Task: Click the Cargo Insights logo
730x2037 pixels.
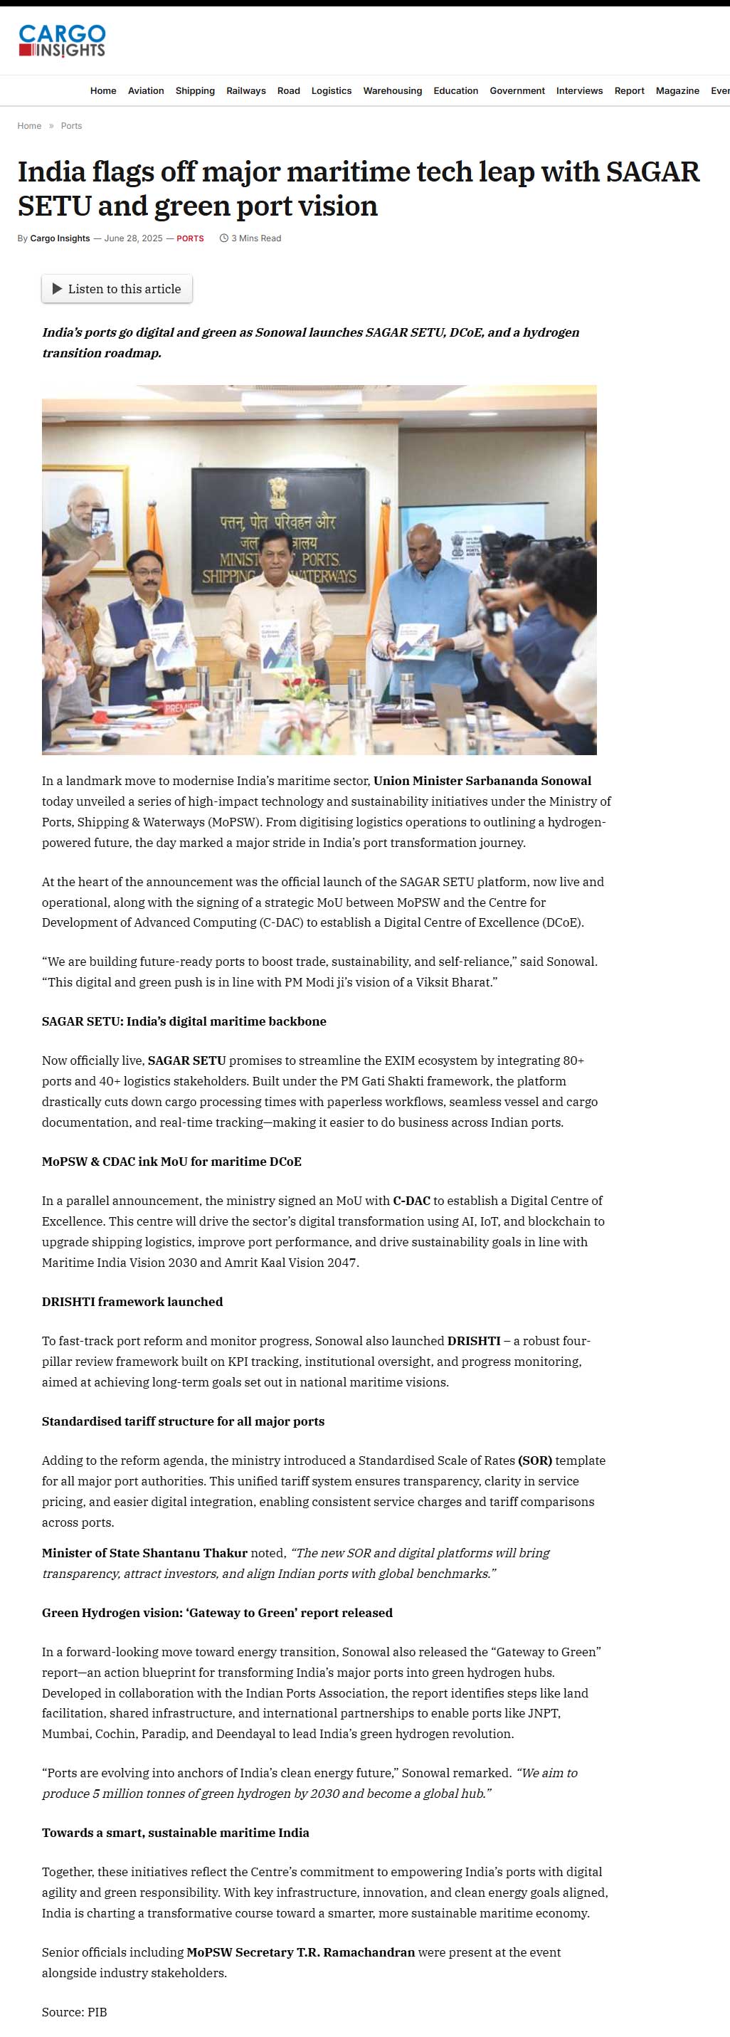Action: coord(62,41)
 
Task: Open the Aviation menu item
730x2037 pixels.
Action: coord(146,91)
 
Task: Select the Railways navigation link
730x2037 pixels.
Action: coord(246,91)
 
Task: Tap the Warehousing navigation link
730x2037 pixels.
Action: coord(392,91)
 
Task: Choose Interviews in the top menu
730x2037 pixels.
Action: coord(579,91)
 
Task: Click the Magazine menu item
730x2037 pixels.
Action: coord(677,91)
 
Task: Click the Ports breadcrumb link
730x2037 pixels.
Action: coord(71,126)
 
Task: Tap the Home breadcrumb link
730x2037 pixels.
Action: coord(29,126)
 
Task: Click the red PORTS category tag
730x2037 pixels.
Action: coord(190,238)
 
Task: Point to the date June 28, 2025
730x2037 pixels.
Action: coord(133,238)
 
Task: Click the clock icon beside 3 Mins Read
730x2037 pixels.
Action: coord(224,238)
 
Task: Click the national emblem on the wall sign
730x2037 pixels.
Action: coord(277,492)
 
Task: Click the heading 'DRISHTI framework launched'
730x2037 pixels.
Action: coord(132,1302)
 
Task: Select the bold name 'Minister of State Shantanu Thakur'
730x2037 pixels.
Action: coord(144,1552)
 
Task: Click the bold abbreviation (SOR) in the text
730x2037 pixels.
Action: coord(534,1460)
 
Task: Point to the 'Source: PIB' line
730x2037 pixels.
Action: coord(74,2011)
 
